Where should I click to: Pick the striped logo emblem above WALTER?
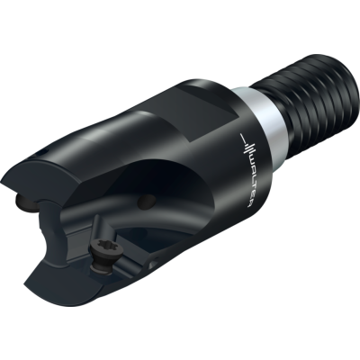coord(247,143)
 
